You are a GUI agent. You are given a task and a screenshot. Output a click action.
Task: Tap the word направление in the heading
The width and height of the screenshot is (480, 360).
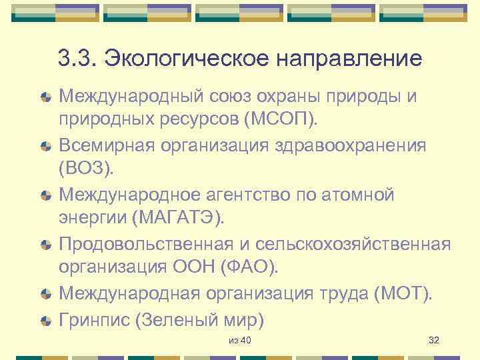pos(349,59)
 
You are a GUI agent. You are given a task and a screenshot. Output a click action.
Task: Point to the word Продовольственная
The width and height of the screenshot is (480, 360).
pos(141,243)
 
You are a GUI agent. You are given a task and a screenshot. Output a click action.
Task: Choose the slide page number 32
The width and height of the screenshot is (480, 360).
pos(433,341)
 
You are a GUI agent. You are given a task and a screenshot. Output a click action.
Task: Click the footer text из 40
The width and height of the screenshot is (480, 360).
pos(239,341)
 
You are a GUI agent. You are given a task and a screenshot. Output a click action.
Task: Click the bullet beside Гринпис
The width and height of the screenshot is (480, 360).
pos(45,321)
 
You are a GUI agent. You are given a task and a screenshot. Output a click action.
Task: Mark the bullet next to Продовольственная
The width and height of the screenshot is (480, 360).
pos(45,244)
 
